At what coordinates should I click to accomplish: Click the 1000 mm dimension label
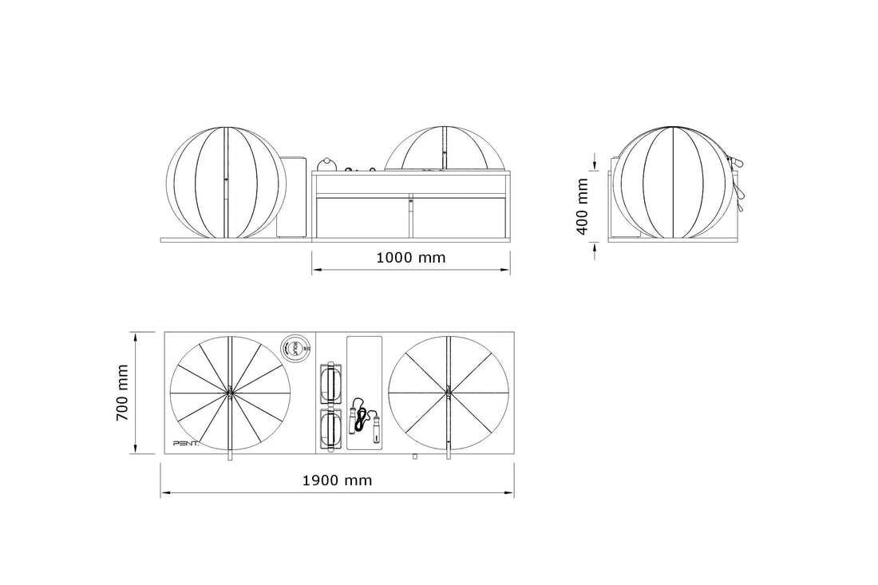click(410, 258)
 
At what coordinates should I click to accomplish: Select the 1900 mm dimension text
click(337, 480)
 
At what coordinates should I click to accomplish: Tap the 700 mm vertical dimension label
click(122, 393)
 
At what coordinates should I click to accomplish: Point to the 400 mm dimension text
click(583, 205)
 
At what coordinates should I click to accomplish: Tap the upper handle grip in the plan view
click(330, 385)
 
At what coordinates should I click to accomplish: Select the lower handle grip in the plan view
click(330, 429)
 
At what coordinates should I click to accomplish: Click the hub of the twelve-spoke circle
click(229, 392)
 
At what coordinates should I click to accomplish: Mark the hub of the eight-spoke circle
click(448, 392)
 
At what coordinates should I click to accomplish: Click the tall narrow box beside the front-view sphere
click(291, 196)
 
